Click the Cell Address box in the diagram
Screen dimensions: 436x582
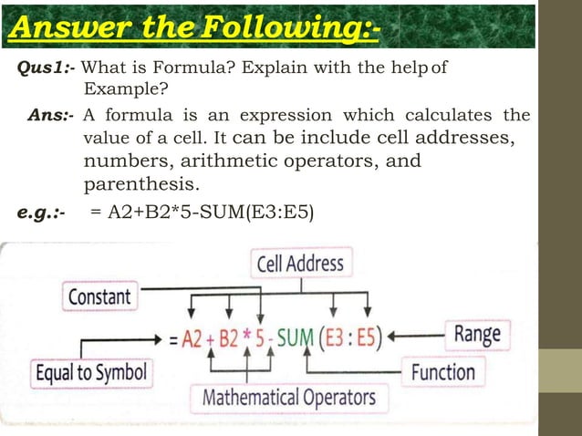[300, 265]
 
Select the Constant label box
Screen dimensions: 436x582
[99, 296]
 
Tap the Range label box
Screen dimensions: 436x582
[477, 334]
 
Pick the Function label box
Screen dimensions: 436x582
[442, 372]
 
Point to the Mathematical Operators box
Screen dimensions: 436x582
[288, 398]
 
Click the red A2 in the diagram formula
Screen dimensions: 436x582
[192, 338]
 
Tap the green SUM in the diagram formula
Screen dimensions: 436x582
[295, 337]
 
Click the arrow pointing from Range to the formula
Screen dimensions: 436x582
[415, 336]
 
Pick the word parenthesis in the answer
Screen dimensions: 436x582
[140, 185]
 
